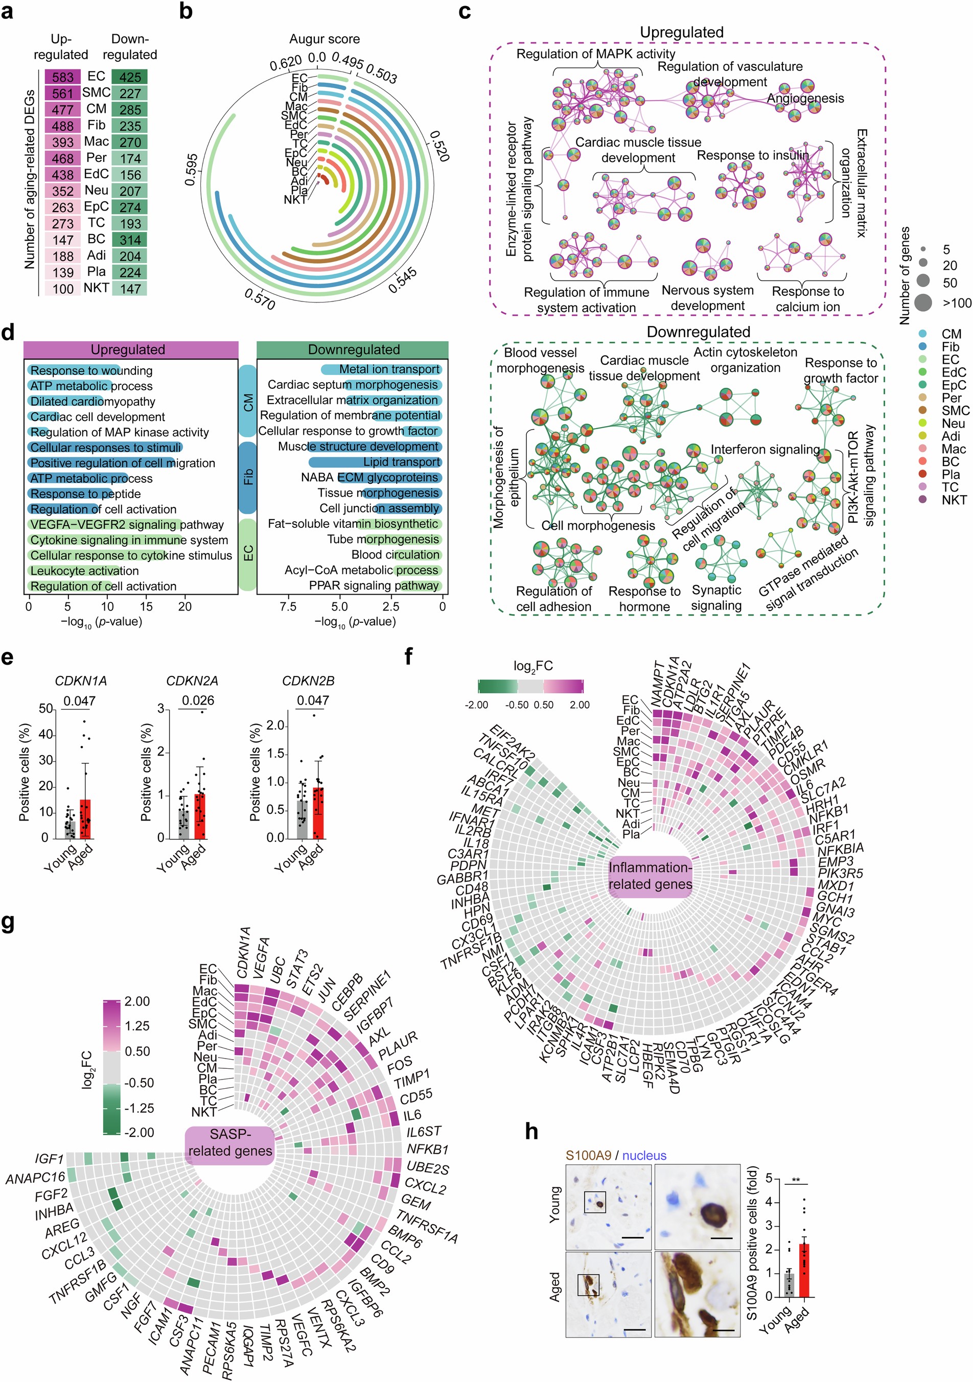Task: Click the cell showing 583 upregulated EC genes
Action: pos(63,77)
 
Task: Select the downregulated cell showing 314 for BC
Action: pos(130,240)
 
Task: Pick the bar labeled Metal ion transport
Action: pos(381,369)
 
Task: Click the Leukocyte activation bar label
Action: pos(84,571)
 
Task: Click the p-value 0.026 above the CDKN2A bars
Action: pos(198,700)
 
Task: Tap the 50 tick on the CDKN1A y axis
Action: pos(47,709)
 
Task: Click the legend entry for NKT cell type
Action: pos(954,500)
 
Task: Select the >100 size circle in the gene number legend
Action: pos(923,303)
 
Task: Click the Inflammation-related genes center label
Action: pos(650,876)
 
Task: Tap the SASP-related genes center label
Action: pos(230,1142)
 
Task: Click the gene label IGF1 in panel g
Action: pos(50,1159)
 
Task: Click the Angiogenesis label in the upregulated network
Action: pos(805,98)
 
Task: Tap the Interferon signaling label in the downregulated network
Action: pos(764,449)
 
